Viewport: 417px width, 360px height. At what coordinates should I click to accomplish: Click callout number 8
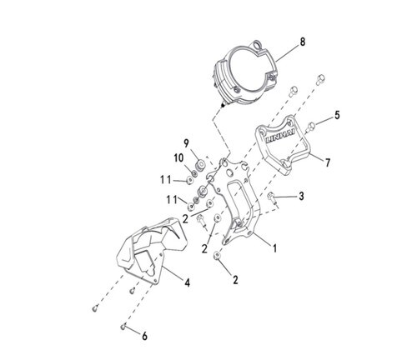pos(303,42)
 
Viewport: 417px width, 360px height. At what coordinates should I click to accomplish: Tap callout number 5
pos(337,115)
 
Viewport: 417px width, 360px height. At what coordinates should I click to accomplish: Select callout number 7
pos(328,162)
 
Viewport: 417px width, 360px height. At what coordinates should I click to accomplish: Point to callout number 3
pos(301,197)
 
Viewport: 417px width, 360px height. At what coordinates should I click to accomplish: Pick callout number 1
pos(274,248)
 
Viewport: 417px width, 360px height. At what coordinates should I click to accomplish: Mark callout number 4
pos(188,282)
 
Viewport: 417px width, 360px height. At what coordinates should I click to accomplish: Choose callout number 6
pos(144,337)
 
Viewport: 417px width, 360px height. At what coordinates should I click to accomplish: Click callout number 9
pos(186,143)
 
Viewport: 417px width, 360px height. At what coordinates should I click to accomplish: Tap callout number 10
pos(178,158)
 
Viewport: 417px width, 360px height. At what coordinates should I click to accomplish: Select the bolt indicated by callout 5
pos(310,127)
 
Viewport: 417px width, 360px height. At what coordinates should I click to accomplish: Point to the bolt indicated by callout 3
pos(272,197)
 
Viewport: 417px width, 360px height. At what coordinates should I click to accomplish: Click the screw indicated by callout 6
pos(123,327)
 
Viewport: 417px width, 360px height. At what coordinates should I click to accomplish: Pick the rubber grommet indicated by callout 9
pos(200,165)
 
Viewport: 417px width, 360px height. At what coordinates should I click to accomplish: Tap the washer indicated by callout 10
pos(194,173)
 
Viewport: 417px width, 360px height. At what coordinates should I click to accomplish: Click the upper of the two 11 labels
pos(166,180)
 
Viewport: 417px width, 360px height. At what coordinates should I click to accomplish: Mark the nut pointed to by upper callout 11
pos(189,181)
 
